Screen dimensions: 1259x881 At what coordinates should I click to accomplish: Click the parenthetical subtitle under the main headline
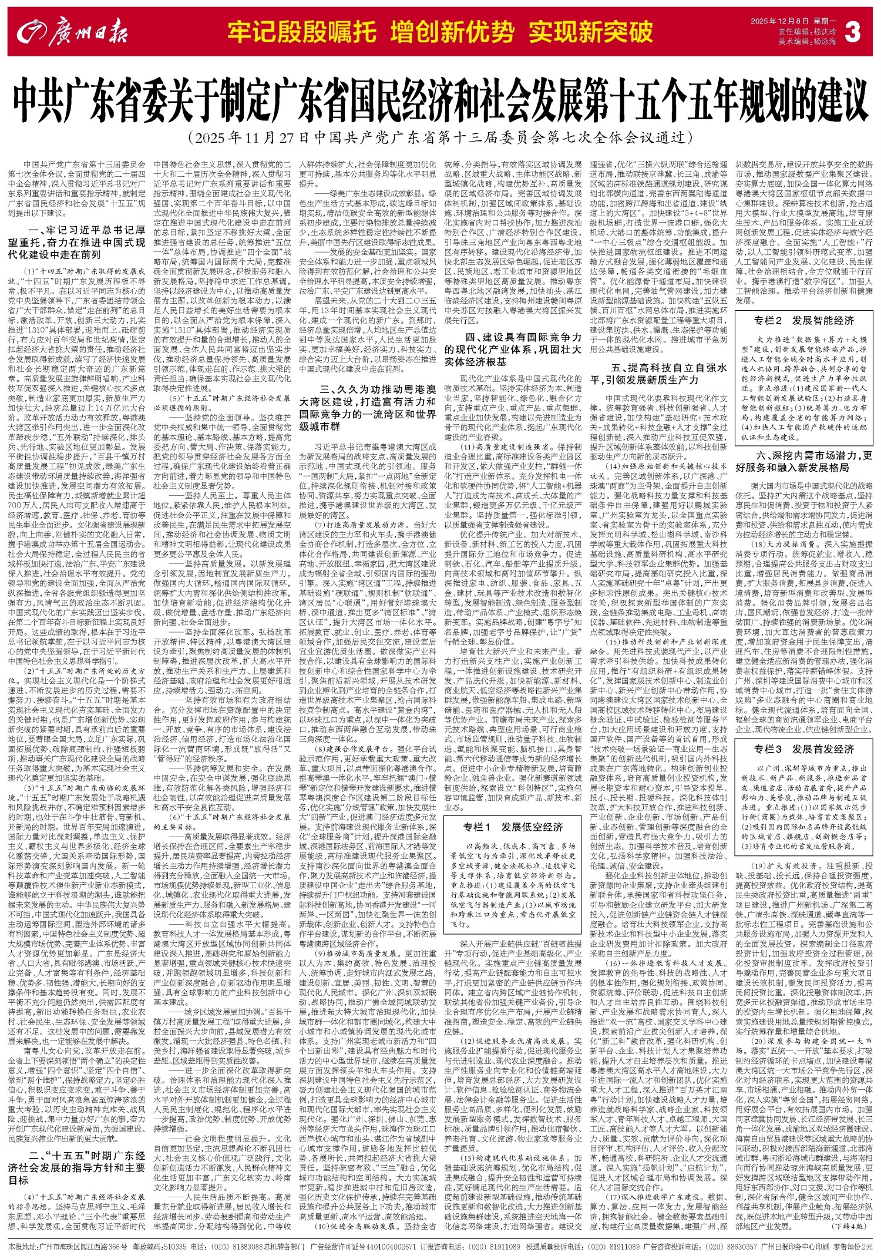point(440,138)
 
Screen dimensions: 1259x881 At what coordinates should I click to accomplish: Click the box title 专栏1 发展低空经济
point(513,827)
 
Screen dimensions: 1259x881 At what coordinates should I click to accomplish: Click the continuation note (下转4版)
point(849,1238)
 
